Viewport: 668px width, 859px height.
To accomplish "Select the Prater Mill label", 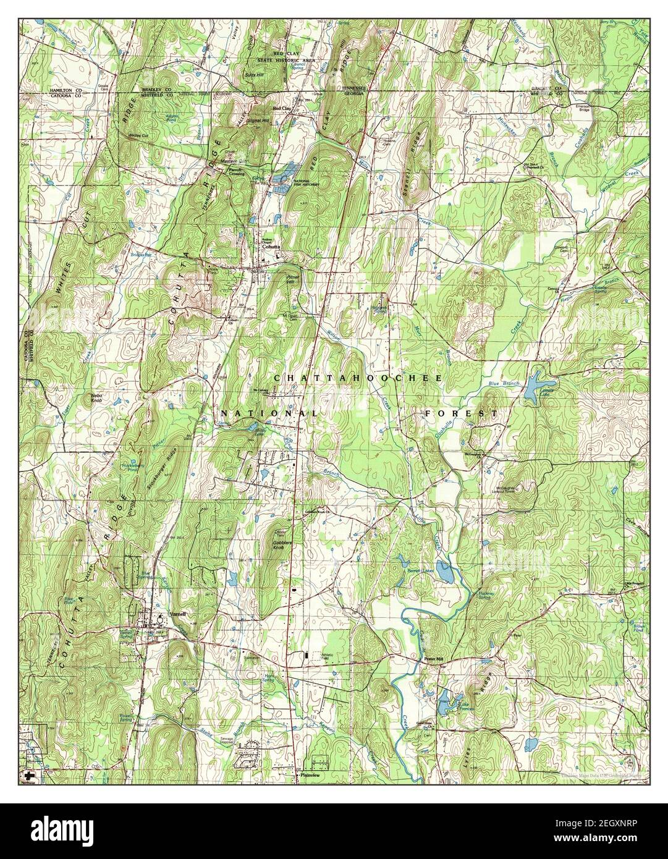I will pos(434,659).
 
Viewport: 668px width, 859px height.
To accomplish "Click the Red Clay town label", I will pos(282,109).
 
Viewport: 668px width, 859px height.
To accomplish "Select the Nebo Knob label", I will pos(97,397).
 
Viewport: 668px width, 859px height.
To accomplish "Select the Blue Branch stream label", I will pos(501,384).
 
